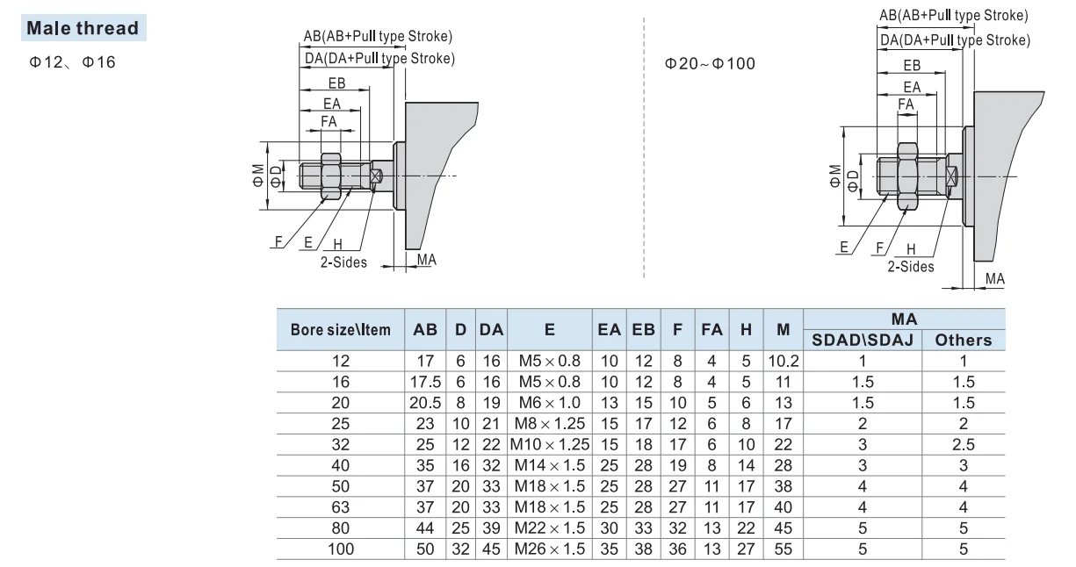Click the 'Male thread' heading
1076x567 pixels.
click(x=83, y=28)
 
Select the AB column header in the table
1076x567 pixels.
click(x=425, y=329)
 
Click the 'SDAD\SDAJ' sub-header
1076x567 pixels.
click(x=863, y=340)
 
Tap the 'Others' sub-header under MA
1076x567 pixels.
click(x=963, y=340)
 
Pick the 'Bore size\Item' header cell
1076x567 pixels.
click(x=340, y=330)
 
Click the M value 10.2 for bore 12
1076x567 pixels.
click(x=783, y=361)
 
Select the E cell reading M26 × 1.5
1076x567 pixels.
click(x=550, y=549)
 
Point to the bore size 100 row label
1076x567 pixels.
click(x=340, y=549)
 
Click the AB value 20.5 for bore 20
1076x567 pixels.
click(x=425, y=402)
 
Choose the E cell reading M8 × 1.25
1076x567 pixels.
click(x=550, y=423)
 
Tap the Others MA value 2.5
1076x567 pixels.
click(x=963, y=444)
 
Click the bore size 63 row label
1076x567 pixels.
click(x=340, y=507)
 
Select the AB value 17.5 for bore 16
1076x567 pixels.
click(x=425, y=382)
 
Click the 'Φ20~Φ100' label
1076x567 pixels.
click(x=710, y=63)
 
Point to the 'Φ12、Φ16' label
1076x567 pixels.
click(x=72, y=62)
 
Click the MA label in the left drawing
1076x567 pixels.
click(x=427, y=260)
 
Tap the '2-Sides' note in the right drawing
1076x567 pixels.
click(x=910, y=267)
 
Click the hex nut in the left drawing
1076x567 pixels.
click(x=330, y=176)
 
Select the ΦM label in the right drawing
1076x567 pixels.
click(x=835, y=176)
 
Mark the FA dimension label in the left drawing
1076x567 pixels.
click(x=329, y=121)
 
